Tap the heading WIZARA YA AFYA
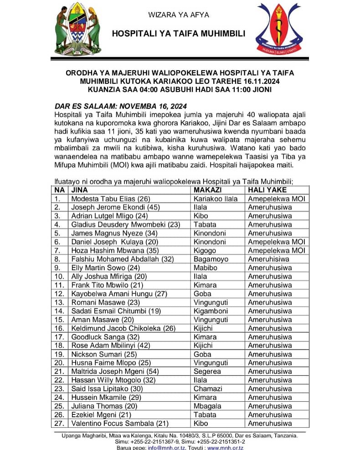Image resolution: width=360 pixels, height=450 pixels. pos(179,15)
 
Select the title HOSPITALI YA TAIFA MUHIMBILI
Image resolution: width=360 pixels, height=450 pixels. pos(179,34)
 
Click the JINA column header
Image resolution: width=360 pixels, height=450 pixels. pos(80,190)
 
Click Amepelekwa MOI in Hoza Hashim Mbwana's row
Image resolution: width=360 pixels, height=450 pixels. pos(276,250)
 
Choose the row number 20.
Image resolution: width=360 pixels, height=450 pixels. pos(59,363)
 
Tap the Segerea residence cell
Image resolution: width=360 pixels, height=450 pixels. pos(207,372)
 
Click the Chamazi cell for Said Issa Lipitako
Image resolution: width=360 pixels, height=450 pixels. pos(208,389)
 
